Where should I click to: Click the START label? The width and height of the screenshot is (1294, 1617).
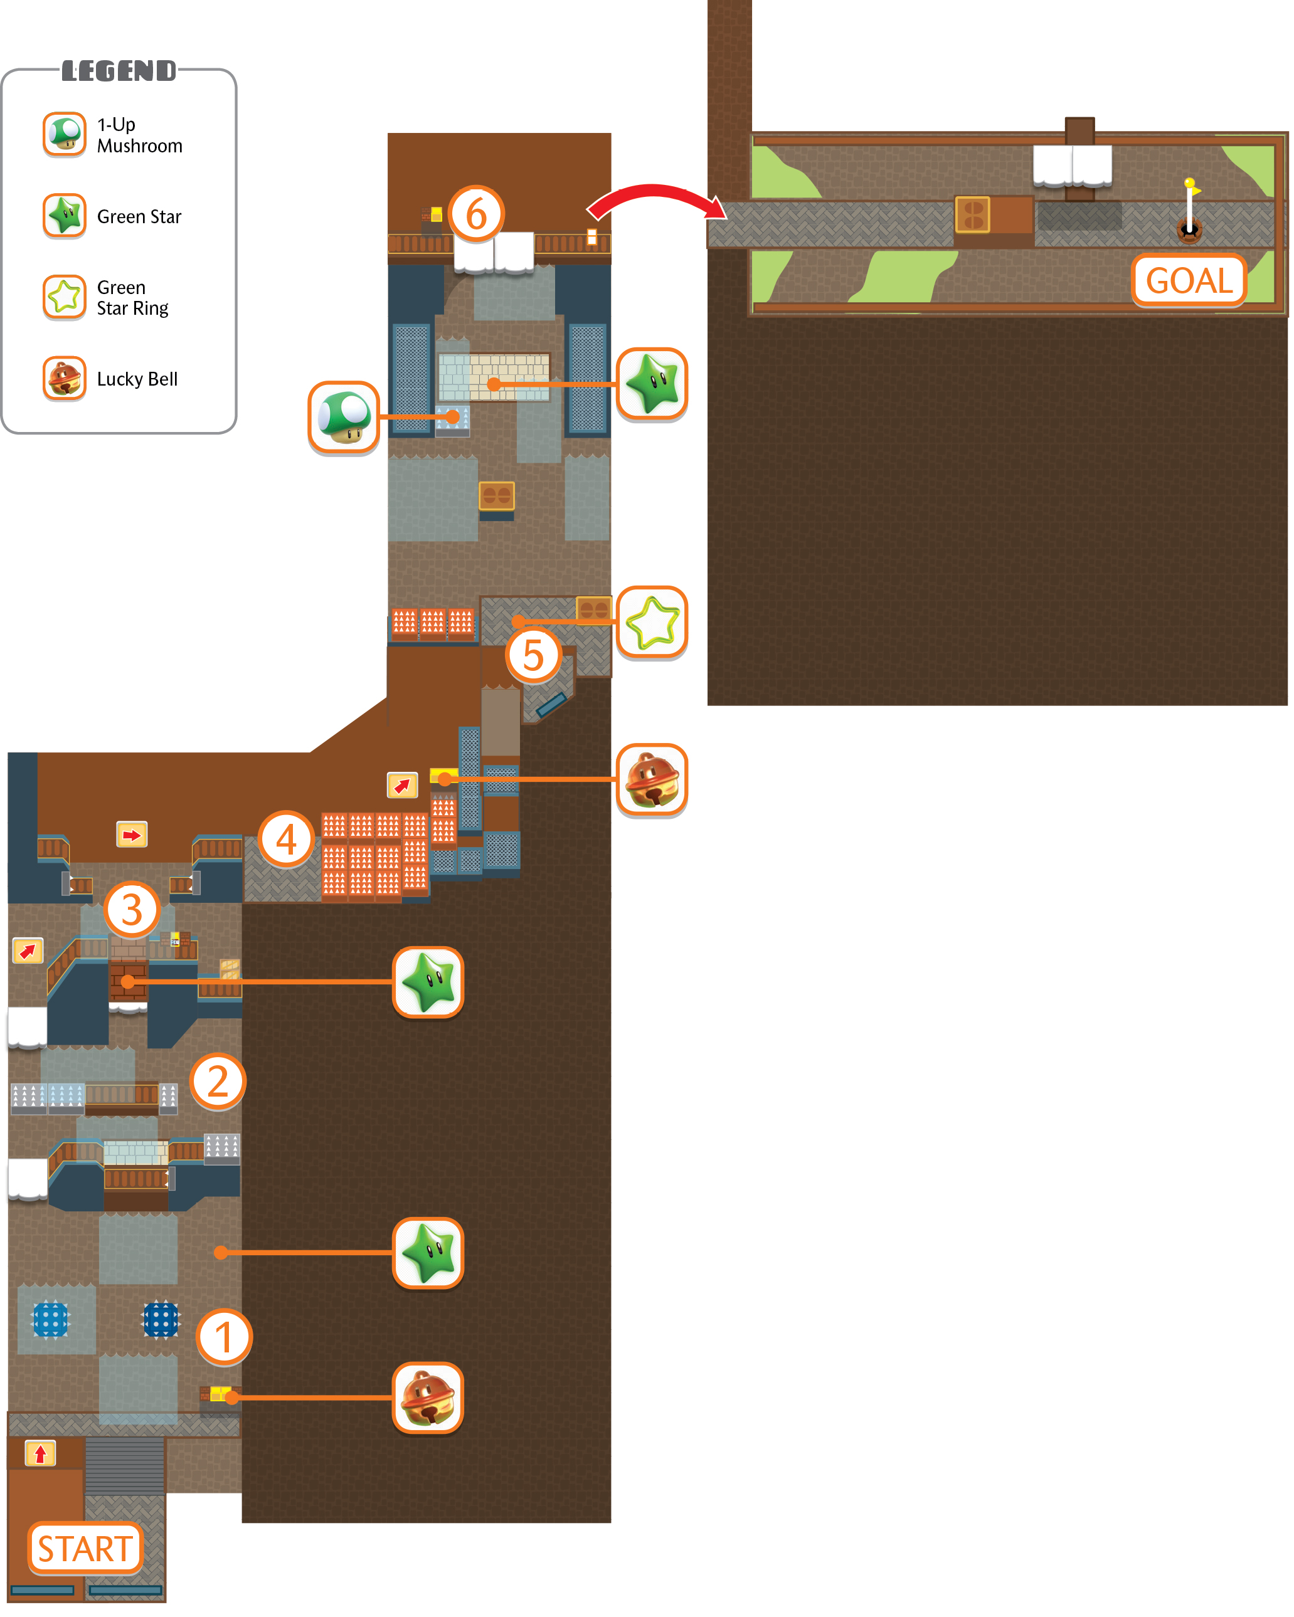[85, 1547]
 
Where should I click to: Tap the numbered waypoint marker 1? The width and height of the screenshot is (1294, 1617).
[223, 1337]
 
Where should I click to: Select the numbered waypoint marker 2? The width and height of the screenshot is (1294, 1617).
[218, 1081]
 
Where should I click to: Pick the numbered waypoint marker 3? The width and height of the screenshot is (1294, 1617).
[132, 909]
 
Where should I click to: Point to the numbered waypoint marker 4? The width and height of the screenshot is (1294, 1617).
[286, 838]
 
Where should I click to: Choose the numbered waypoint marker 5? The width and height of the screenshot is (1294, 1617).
[533, 655]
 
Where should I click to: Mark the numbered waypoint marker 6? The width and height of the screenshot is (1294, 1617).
[476, 214]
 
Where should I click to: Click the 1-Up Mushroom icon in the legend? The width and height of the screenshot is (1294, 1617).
[65, 134]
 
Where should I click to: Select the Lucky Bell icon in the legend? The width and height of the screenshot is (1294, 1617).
[65, 378]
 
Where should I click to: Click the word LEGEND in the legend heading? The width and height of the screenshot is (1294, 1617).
[119, 71]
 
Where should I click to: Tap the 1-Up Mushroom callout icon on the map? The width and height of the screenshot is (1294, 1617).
[344, 417]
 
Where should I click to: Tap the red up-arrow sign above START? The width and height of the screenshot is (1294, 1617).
[41, 1453]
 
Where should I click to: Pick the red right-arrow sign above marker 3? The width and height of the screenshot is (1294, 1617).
[132, 835]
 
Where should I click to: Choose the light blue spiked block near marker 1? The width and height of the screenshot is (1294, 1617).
[51, 1319]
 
